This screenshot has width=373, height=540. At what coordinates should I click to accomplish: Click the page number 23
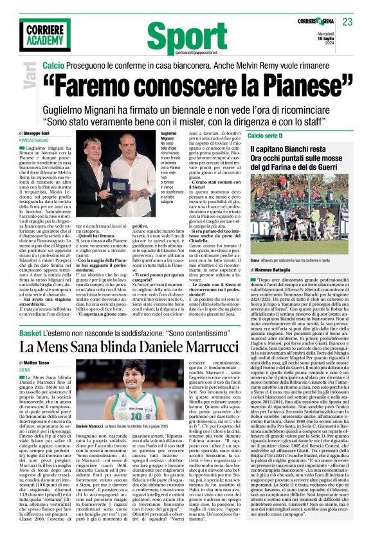[x=347, y=22]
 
